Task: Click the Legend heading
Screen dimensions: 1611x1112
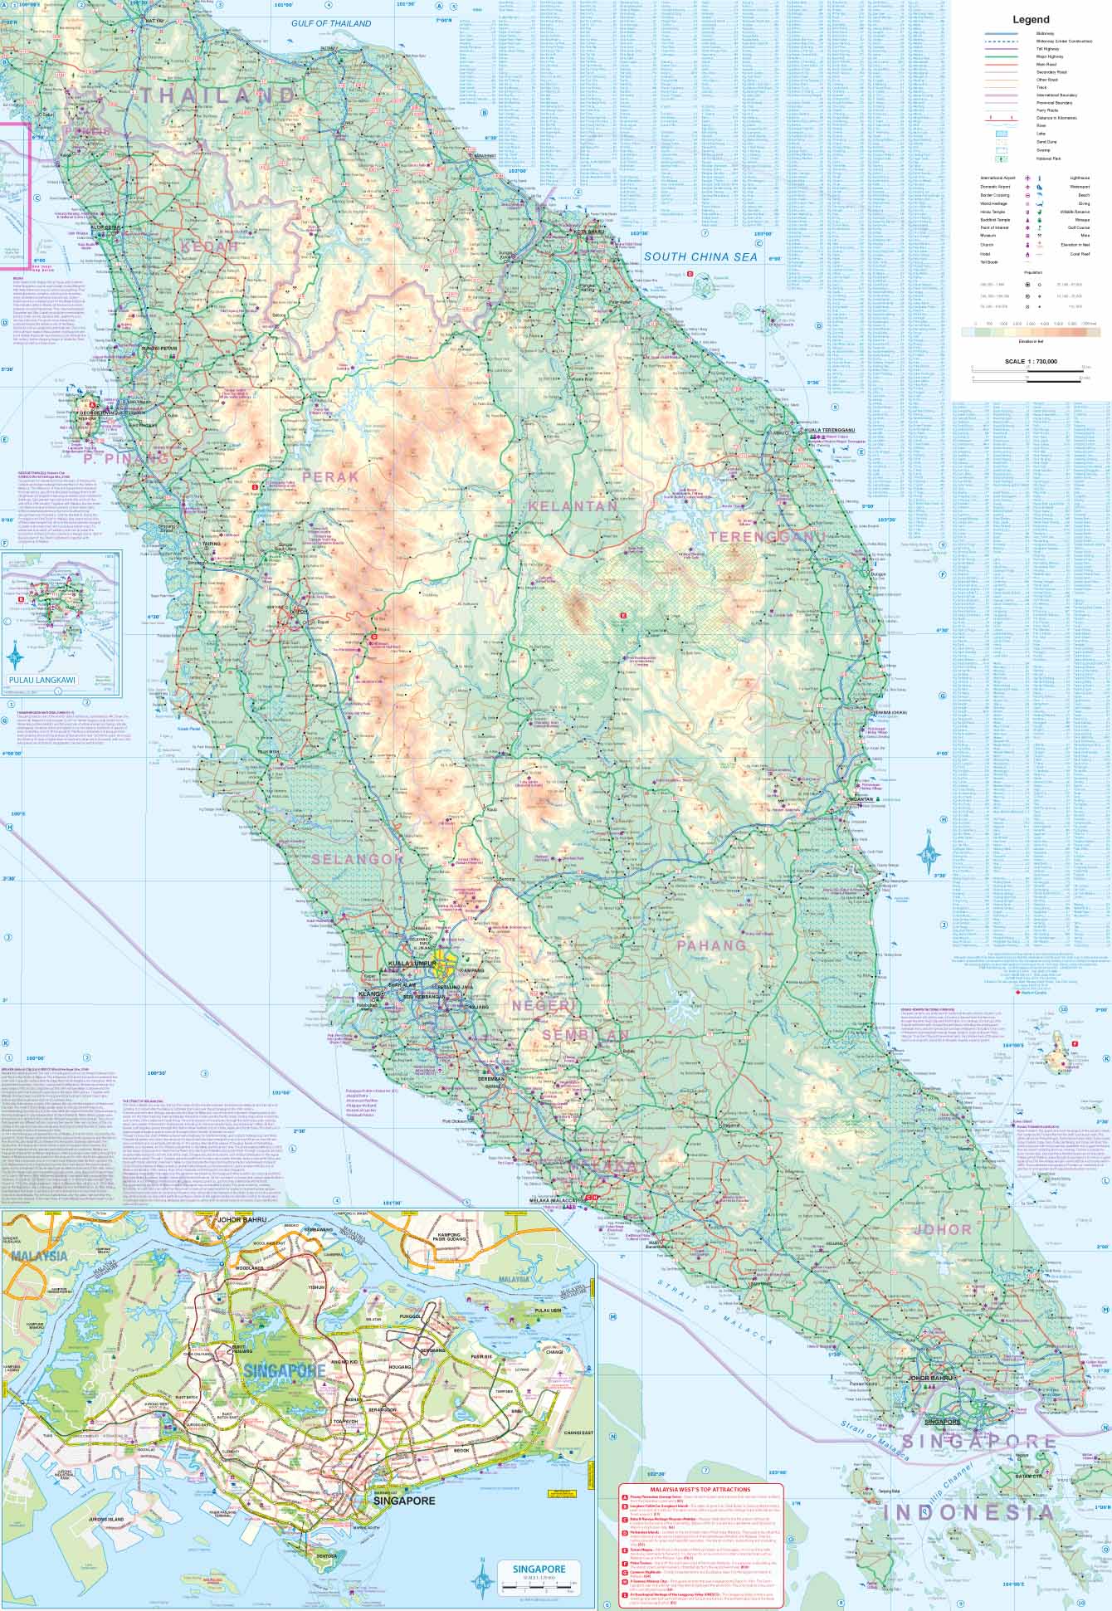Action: [x=1030, y=20]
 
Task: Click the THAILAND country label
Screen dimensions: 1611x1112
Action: [x=217, y=95]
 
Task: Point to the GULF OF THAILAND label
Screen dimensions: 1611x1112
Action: [x=331, y=24]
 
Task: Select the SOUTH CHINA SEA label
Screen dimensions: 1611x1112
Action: [x=701, y=257]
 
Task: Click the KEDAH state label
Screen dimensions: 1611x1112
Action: [x=210, y=247]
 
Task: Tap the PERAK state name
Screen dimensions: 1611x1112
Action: [x=331, y=477]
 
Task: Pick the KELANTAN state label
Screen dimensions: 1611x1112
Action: [x=573, y=505]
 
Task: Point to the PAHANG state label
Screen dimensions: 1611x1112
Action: [x=711, y=945]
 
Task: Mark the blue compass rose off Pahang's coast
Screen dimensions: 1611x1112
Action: [x=930, y=852]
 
